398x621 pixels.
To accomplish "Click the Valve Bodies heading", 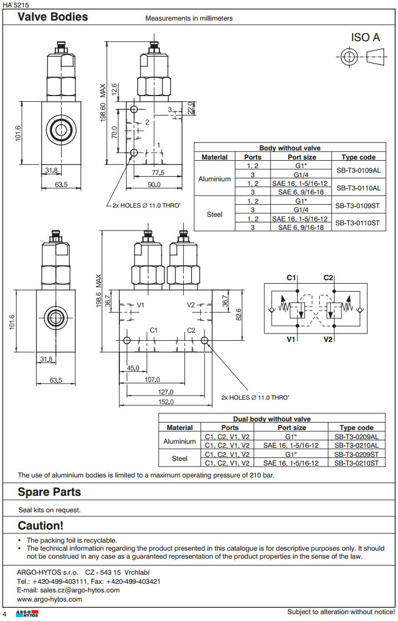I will [53, 17].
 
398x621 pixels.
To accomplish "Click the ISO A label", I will [365, 38].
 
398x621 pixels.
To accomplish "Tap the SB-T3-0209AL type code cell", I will [356, 437].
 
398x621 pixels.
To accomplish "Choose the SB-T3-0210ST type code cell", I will [356, 463].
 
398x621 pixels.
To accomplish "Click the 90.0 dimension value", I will [154, 184].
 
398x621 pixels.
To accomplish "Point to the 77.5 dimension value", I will [158, 173].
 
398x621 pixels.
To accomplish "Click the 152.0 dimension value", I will [166, 402].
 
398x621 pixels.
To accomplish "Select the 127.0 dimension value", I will [166, 392].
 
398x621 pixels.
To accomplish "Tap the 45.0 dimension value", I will [132, 368].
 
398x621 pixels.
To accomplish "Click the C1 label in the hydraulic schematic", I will [291, 278].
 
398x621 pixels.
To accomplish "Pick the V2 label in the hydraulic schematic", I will [328, 340].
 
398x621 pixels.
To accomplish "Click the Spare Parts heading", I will [49, 492].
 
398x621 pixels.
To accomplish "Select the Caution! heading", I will [41, 525].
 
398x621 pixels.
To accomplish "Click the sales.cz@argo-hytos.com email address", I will [69, 590].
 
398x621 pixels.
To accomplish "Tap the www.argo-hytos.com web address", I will [50, 599].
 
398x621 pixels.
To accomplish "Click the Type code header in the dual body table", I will [356, 427].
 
